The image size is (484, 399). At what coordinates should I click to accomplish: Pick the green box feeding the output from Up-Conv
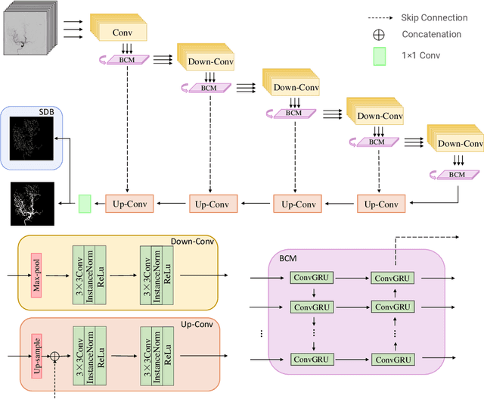tap(85, 203)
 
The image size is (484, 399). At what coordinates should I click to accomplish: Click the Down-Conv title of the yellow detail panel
tap(194, 242)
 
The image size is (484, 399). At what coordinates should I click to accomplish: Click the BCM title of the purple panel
tap(288, 258)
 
